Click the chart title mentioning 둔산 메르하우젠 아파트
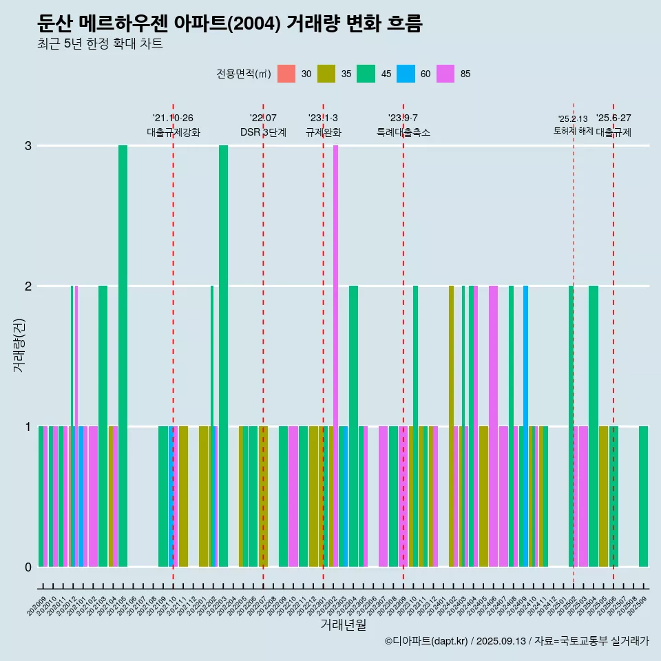(229, 23)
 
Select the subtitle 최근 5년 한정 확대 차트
(100, 44)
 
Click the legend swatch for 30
(286, 74)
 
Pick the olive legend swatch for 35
(326, 74)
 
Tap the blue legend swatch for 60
(406, 74)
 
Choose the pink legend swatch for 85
(445, 74)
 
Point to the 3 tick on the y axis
(28, 146)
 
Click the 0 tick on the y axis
(28, 567)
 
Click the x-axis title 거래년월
(343, 625)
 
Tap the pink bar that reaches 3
(335, 355)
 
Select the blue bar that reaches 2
(525, 426)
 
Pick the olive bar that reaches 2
(451, 426)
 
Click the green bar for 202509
(643, 496)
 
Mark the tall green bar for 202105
(123, 355)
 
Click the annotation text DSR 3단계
(263, 132)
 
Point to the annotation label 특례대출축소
(403, 132)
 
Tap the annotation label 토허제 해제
(573, 131)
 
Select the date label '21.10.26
(173, 118)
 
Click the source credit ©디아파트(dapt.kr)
(427, 641)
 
